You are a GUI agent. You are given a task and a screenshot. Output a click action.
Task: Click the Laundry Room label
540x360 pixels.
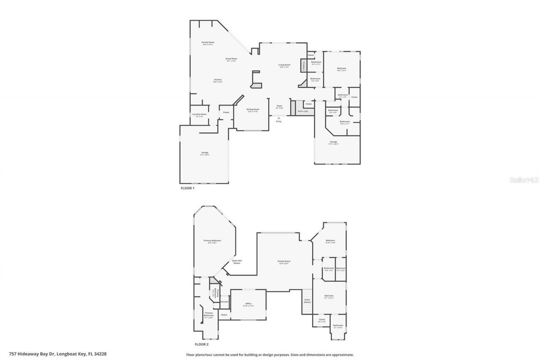point(199,115)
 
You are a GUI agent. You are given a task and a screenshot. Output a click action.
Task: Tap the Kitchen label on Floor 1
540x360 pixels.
point(218,80)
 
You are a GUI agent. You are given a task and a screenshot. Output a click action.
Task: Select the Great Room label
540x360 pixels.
point(231,60)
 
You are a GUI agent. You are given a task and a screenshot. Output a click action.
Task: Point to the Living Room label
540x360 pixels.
point(284,65)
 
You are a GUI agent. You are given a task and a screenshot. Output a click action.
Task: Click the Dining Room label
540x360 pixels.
point(253,110)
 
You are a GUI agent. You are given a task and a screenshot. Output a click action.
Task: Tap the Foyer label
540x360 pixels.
point(279,106)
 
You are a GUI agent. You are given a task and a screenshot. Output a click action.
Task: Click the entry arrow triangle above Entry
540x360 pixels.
point(278,118)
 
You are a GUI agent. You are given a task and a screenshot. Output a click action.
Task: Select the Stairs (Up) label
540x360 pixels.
point(303,111)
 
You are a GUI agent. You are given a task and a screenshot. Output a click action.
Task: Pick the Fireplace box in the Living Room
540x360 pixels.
point(303,65)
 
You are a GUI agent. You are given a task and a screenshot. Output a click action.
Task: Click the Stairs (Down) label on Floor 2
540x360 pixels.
point(307,301)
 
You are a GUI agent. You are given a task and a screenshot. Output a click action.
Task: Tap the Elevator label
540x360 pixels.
point(224,302)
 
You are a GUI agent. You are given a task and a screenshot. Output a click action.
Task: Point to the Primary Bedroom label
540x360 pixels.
point(212,241)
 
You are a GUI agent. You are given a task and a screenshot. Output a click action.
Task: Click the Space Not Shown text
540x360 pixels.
point(237,262)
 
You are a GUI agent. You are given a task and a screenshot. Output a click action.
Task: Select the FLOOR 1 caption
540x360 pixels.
point(187,188)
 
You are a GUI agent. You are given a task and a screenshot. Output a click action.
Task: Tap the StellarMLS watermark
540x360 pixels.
point(524,180)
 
